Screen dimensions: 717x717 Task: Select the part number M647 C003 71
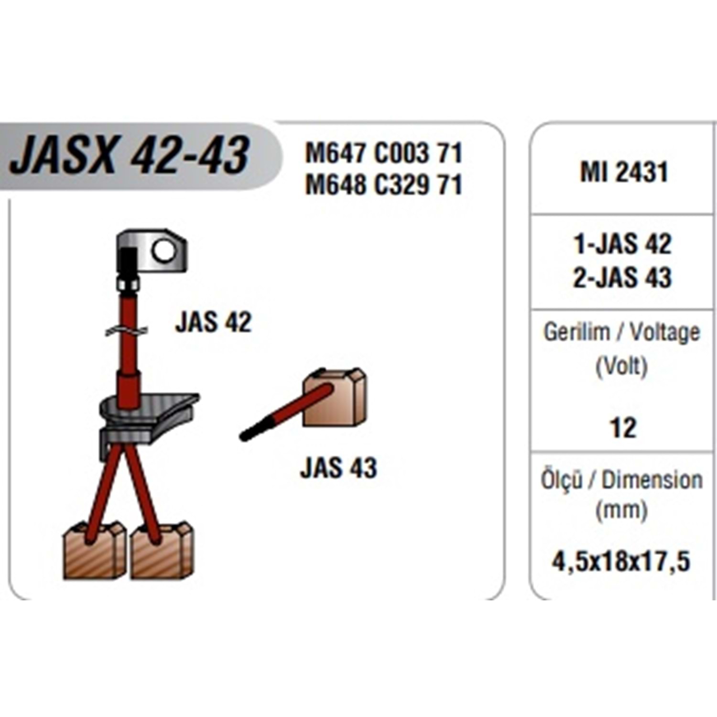pyautogui.click(x=384, y=154)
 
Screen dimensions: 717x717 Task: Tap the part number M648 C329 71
pyautogui.click(x=384, y=185)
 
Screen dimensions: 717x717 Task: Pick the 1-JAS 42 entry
pyautogui.click(x=623, y=244)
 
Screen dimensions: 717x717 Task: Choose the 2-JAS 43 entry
pyautogui.click(x=623, y=277)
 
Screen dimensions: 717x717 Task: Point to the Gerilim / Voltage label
pyautogui.click(x=622, y=332)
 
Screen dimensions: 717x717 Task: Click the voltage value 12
pyautogui.click(x=623, y=428)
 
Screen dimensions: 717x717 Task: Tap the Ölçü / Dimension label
pyautogui.click(x=621, y=480)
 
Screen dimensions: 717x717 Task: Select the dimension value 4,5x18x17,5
pyautogui.click(x=621, y=561)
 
